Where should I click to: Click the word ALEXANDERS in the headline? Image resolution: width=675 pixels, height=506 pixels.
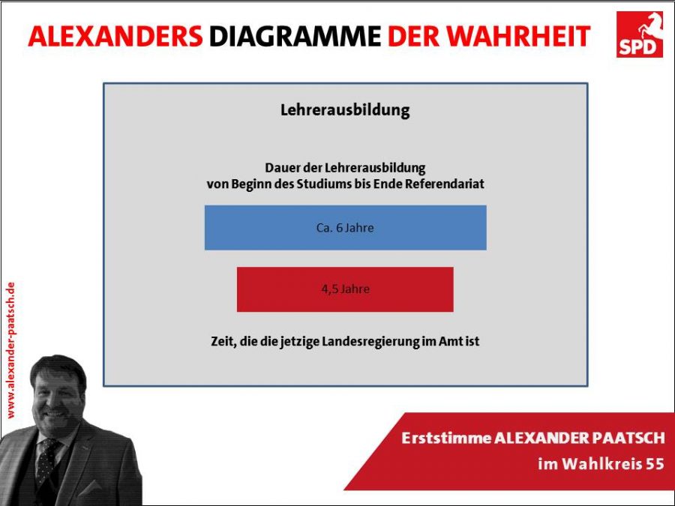point(115,36)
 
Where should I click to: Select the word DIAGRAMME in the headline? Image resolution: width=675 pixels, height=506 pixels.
point(295,36)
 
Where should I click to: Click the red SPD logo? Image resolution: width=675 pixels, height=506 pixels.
point(639,34)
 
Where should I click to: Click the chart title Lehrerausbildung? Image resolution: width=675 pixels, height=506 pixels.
point(345,111)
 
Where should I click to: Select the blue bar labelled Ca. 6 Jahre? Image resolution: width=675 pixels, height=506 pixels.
point(345,228)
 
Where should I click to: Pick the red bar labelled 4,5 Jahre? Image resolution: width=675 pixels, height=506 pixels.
point(345,289)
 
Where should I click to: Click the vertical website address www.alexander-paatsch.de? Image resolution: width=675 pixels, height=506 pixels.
point(10,350)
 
